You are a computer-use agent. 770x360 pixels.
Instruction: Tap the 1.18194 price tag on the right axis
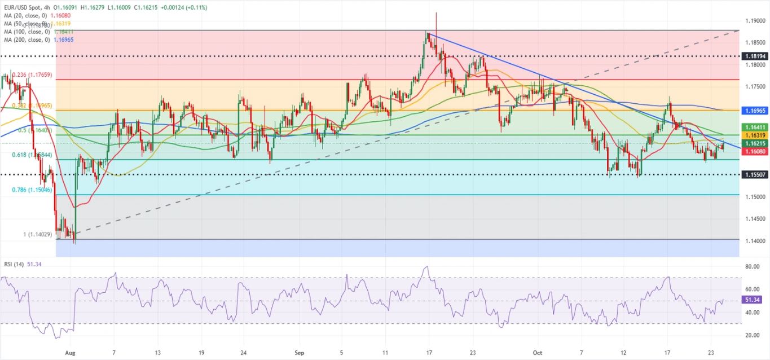pos(754,56)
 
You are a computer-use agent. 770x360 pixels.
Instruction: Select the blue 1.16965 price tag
pos(754,111)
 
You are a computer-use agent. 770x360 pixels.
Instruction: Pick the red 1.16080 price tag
pos(754,152)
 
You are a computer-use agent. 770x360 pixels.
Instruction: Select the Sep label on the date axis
pos(299,352)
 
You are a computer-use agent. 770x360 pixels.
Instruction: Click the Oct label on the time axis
pos(537,352)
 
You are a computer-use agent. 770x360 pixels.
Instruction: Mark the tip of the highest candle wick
pos(436,12)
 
